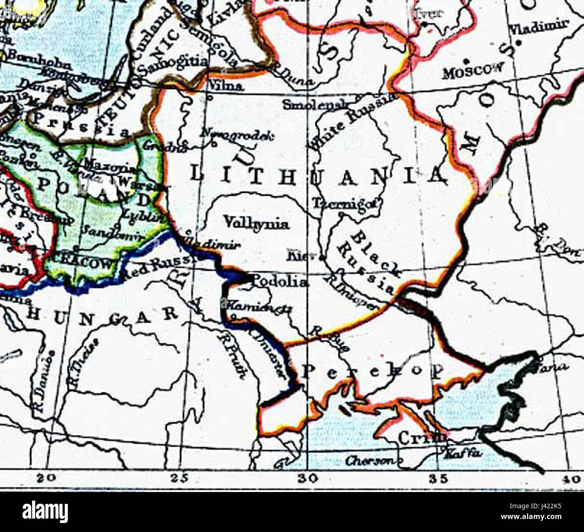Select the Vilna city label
click(x=226, y=86)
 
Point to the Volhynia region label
click(x=256, y=223)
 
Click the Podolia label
click(x=280, y=282)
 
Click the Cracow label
click(x=83, y=263)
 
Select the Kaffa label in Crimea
click(x=462, y=454)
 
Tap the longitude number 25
click(x=180, y=479)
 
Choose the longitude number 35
click(x=438, y=479)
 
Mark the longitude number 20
click(x=47, y=479)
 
